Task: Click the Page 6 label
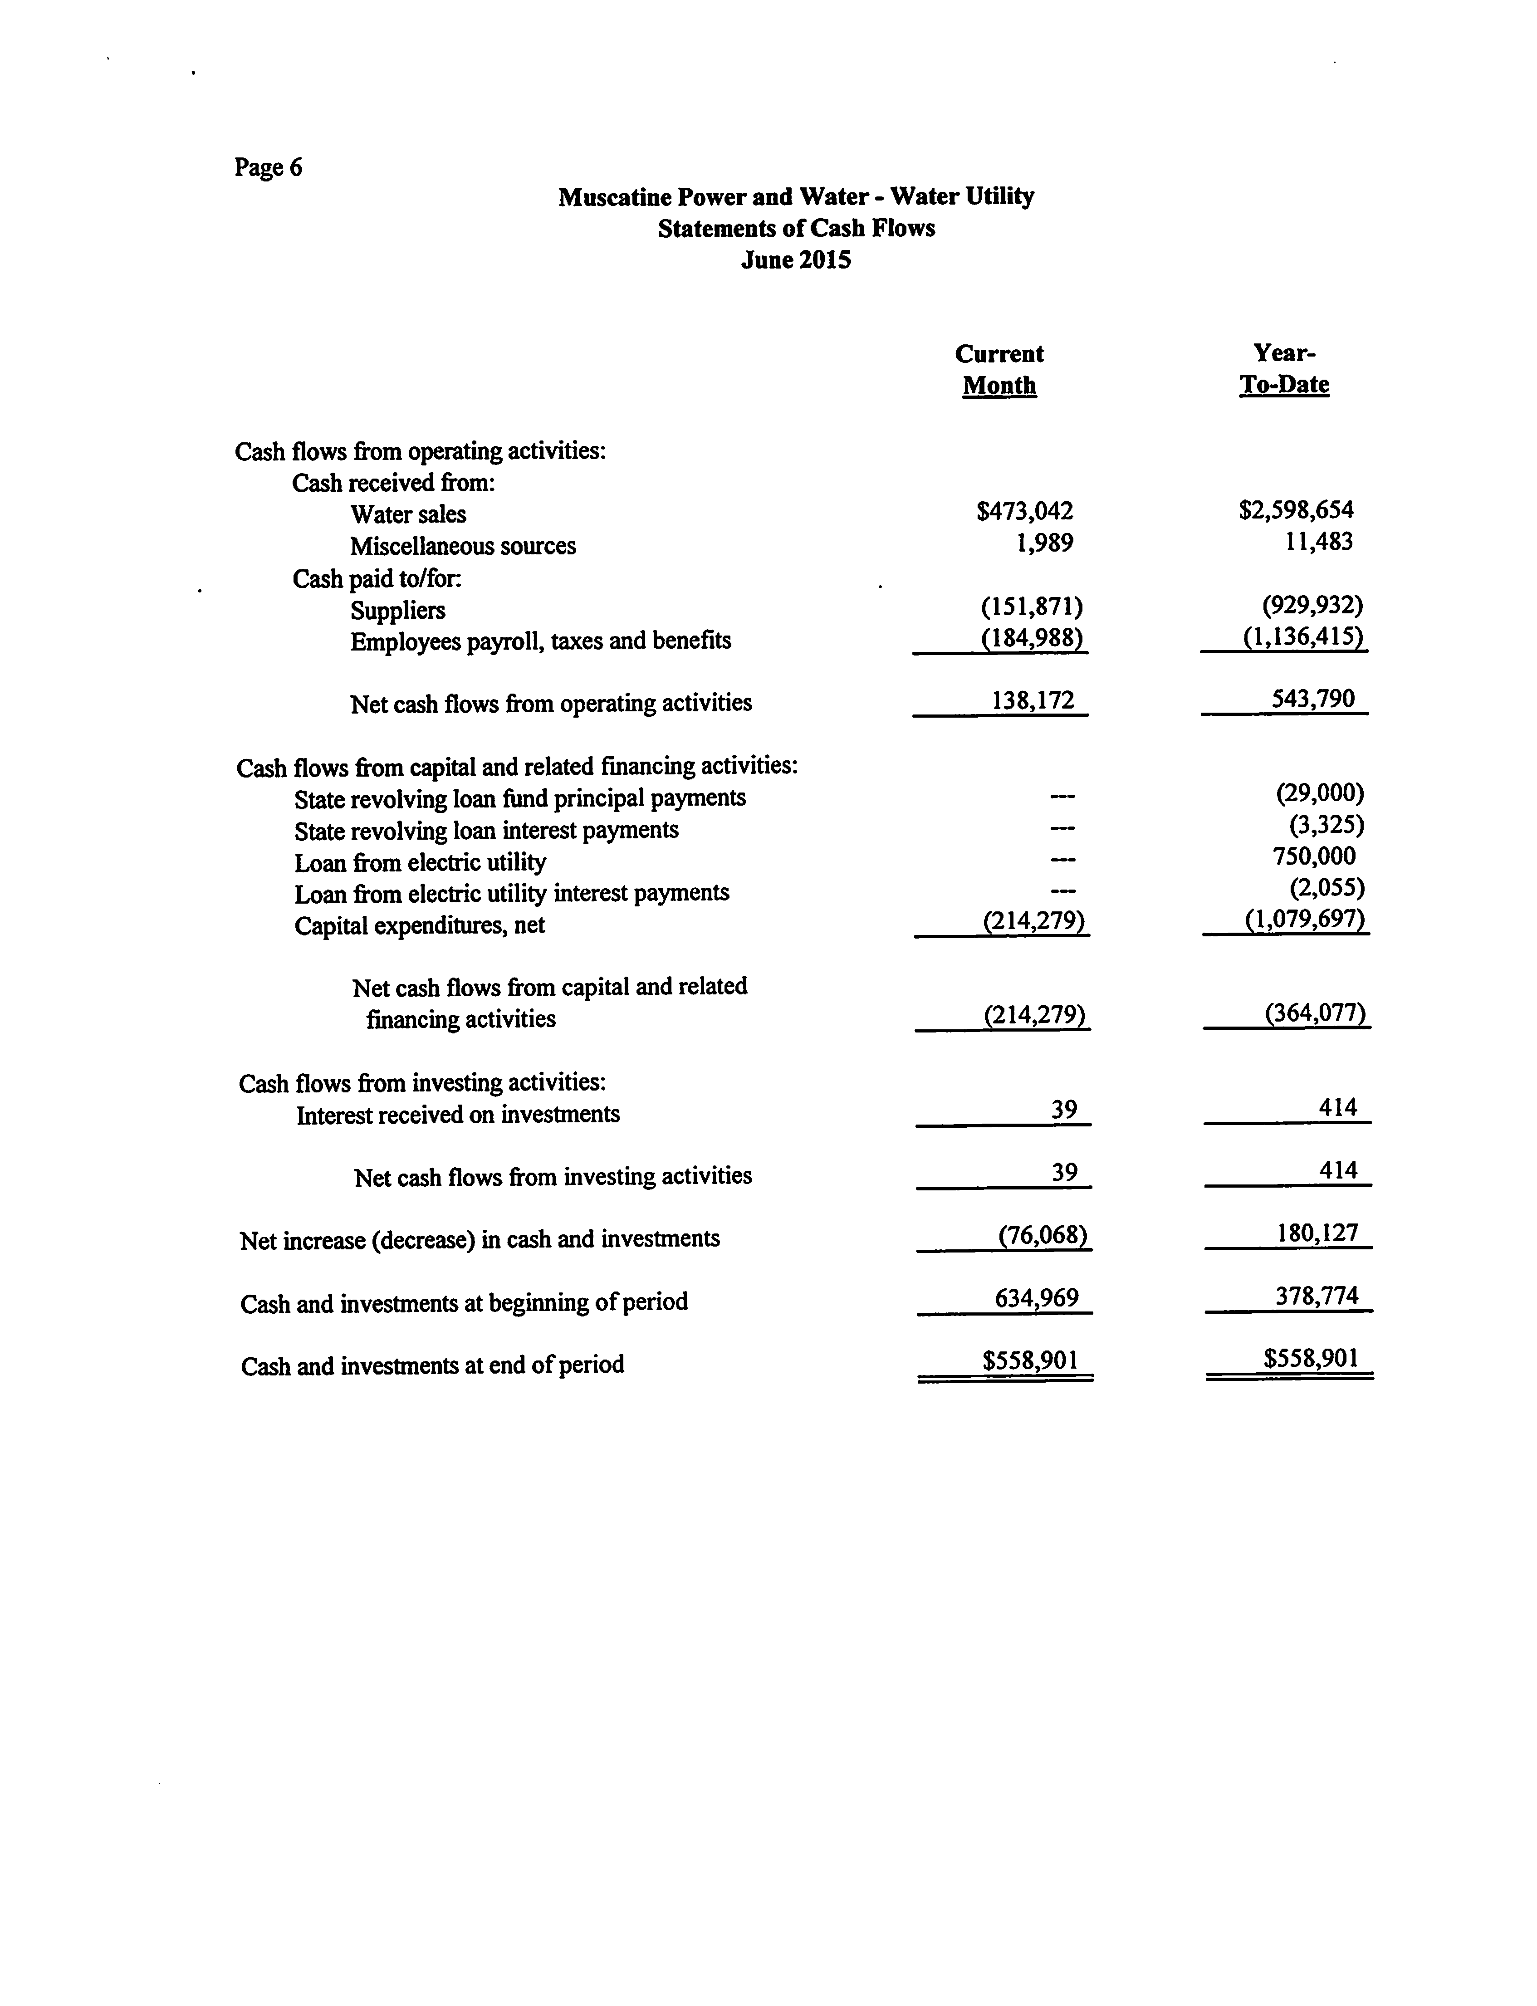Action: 268,167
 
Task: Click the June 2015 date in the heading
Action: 796,261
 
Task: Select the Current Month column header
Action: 999,370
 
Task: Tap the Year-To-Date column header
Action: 1284,369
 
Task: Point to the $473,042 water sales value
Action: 1025,511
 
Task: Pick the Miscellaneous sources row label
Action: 463,546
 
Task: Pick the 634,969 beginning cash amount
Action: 1037,1298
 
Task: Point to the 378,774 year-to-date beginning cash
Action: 1317,1296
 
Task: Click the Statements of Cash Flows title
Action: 796,229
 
